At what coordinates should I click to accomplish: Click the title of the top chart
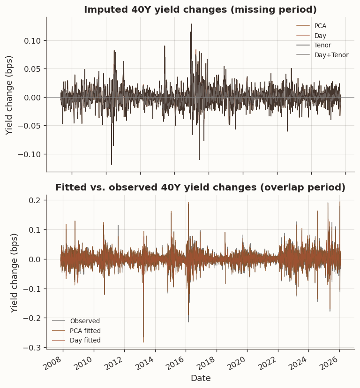point(200,10)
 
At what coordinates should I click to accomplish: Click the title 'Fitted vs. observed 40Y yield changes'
point(200,188)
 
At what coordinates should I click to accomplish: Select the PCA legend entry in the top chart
point(320,26)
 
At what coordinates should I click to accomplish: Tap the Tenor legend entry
point(322,46)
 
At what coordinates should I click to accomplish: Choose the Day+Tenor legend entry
point(331,55)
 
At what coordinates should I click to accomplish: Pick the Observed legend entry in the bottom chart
point(85,321)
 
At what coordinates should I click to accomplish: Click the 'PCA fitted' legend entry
point(85,331)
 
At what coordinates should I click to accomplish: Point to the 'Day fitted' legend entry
point(85,341)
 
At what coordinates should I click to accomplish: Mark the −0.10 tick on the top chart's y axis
point(34,154)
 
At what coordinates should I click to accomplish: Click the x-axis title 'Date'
point(200,378)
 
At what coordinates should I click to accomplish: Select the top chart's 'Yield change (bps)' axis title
point(9,95)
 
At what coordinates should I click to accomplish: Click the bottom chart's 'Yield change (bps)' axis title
point(15,273)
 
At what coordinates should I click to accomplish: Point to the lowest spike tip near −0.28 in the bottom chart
point(143,342)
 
